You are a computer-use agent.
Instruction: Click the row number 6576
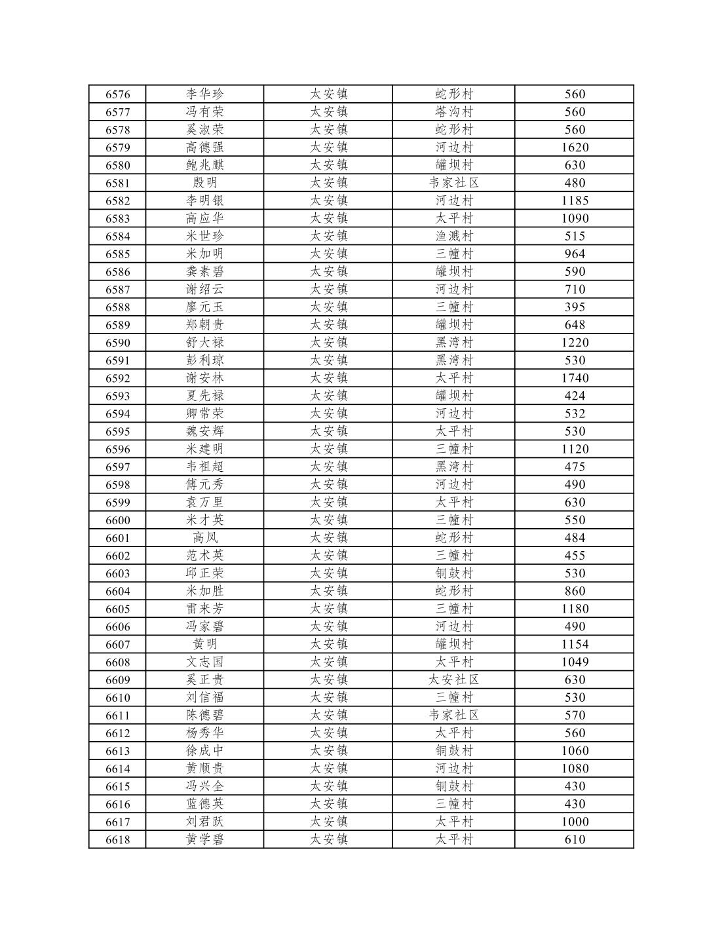(118, 94)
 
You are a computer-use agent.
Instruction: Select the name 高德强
(204, 147)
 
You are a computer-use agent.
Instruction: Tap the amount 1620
(575, 147)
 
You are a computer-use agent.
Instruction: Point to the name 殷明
(204, 183)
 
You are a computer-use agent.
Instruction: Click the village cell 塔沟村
(454, 112)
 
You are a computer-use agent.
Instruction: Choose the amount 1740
(575, 378)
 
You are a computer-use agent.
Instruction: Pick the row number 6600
(118, 520)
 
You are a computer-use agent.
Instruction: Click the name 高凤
(204, 538)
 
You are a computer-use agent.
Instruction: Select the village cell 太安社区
(454, 679)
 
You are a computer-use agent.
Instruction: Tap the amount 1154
(575, 644)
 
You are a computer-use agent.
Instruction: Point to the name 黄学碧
(204, 839)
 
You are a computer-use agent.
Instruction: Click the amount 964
(575, 254)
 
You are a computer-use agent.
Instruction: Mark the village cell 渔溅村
(454, 236)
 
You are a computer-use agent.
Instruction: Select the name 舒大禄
(204, 343)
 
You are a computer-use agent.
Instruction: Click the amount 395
(575, 307)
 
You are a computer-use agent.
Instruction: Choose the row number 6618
(118, 839)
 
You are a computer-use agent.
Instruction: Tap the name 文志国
(204, 662)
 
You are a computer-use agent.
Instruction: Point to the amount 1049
(575, 662)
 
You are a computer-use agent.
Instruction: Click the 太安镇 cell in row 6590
(328, 343)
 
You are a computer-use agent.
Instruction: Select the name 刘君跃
(204, 822)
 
